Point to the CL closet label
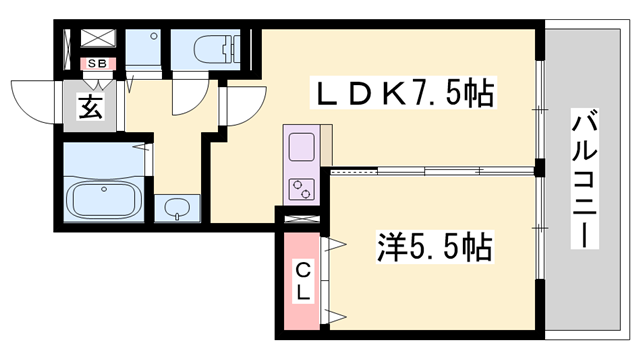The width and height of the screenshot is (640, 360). coord(301,280)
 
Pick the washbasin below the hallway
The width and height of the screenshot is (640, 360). coord(179,208)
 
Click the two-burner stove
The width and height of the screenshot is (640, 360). coord(303,187)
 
